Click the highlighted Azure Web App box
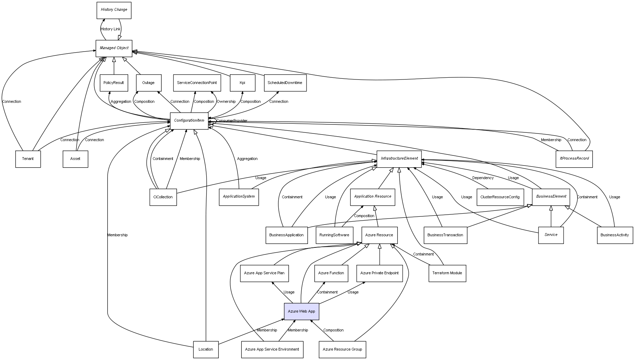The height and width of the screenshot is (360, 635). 302,311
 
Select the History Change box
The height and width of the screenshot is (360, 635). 114,10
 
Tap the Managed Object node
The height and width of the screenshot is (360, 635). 114,48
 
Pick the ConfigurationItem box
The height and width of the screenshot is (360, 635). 189,121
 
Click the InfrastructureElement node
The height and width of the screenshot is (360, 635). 399,159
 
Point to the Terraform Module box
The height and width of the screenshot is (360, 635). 447,273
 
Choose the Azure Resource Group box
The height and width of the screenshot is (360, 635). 342,349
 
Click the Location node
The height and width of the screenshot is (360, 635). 206,349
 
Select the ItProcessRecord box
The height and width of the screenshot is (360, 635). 574,159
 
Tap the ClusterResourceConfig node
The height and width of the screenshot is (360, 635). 500,197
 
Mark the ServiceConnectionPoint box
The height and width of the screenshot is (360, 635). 197,83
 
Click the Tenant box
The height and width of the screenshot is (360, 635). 28,159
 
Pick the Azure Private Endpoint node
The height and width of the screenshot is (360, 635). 379,273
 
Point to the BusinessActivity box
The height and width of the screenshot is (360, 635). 615,235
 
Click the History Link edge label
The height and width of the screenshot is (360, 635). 110,29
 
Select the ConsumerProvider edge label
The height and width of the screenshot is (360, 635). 232,121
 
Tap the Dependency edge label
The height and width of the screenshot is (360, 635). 483,178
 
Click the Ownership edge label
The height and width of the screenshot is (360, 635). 226,102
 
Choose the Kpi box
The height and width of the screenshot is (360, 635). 242,83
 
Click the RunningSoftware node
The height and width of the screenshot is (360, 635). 334,235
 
